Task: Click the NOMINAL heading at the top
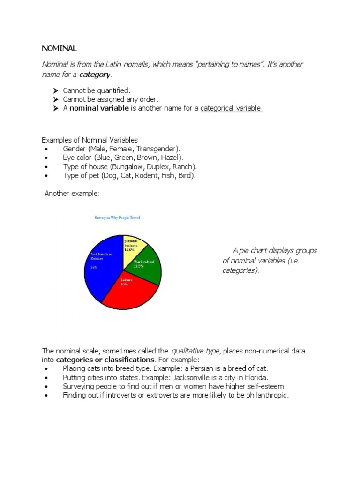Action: [59, 48]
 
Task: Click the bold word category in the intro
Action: [95, 75]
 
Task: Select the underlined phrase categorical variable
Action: [232, 108]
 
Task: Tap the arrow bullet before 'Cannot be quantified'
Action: [55, 90]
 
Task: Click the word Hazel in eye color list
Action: [172, 157]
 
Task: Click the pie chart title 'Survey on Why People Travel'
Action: [117, 218]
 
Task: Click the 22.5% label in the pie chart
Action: [139, 266]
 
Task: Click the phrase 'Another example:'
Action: [72, 194]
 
